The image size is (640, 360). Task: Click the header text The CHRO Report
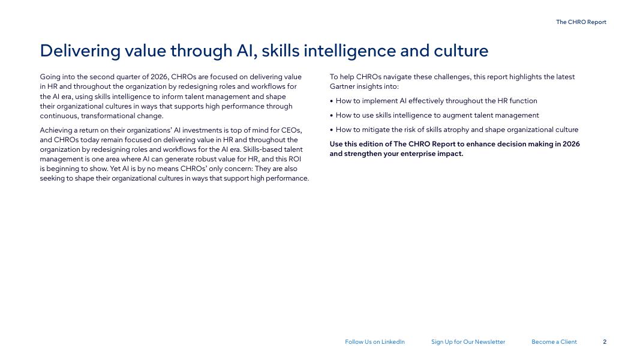tap(581, 22)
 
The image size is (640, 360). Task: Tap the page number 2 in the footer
tap(605, 342)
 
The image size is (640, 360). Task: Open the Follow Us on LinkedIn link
tap(375, 342)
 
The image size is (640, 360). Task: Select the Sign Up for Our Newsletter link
tap(468, 342)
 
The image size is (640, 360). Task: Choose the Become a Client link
tap(554, 342)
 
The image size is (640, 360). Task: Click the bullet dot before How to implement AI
tap(332, 101)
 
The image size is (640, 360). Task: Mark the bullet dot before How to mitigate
tap(332, 130)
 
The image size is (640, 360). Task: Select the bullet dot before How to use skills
tap(332, 116)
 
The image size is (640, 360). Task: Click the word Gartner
tap(342, 86)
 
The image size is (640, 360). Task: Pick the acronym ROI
tap(295, 159)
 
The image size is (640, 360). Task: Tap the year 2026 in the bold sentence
tap(572, 144)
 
